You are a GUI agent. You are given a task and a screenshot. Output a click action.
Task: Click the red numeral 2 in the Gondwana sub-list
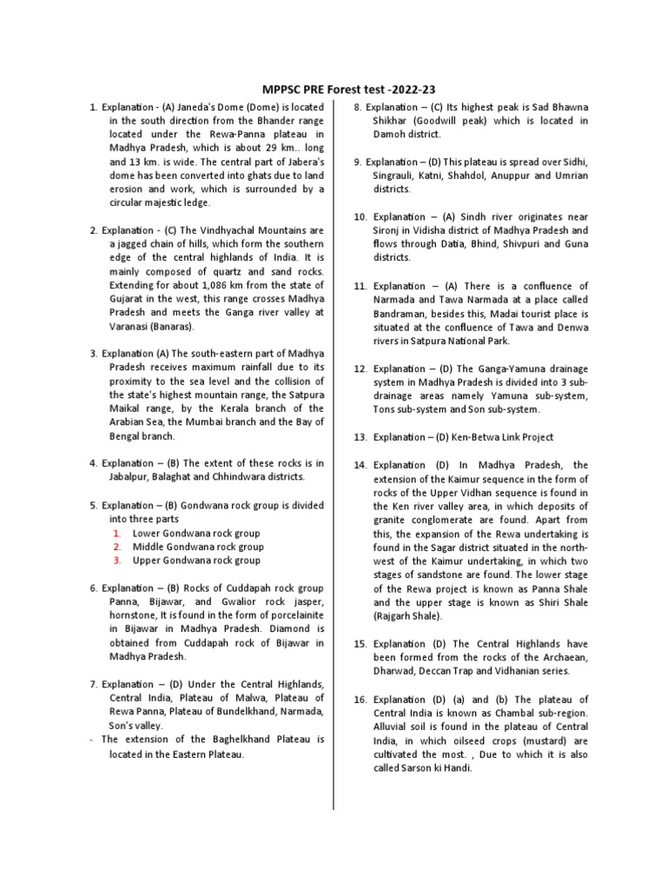[116, 547]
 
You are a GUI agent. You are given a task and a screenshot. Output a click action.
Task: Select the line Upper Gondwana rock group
[195, 561]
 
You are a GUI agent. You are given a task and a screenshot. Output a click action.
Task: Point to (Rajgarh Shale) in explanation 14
[408, 616]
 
